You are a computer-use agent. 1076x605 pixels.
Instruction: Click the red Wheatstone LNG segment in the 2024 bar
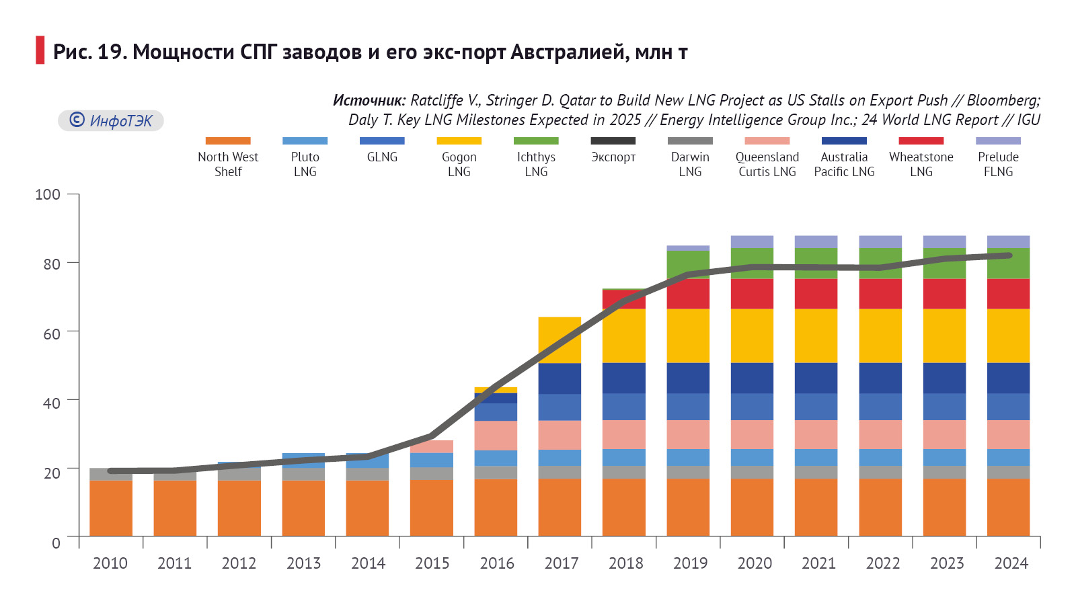tap(1008, 294)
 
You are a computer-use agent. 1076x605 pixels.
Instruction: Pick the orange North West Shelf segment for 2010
tap(111, 508)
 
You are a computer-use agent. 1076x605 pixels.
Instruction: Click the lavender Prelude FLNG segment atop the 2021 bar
tap(816, 242)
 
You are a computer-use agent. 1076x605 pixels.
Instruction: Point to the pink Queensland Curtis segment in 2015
tap(432, 447)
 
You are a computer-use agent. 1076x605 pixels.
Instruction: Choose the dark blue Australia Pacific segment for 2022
tap(880, 378)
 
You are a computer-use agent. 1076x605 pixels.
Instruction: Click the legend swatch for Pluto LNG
tap(305, 141)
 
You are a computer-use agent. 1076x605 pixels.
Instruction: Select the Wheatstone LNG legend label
tap(921, 164)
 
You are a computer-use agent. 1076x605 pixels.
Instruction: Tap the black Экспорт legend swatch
tap(613, 141)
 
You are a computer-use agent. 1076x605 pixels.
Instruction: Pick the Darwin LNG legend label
tap(690, 164)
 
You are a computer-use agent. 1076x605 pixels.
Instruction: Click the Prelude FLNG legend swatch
tap(998, 141)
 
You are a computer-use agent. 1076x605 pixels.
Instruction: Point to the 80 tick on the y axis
tap(75, 263)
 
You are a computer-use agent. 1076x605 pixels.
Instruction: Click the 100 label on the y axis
tap(48, 195)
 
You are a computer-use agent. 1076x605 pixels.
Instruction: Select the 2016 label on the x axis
tap(496, 563)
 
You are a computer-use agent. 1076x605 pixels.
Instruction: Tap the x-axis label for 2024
tap(1011, 563)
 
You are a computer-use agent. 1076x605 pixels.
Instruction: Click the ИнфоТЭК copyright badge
tap(111, 121)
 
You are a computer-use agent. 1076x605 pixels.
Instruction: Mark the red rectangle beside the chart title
tap(40, 50)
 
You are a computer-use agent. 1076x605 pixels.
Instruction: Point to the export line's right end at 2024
tap(1009, 255)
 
